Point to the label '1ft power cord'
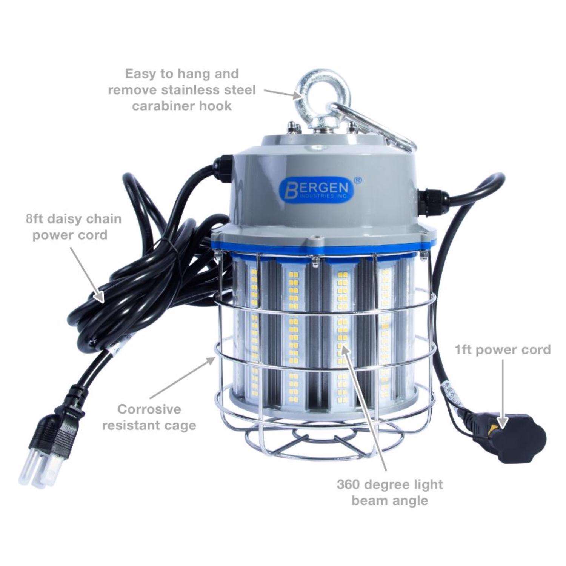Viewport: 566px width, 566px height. (503, 350)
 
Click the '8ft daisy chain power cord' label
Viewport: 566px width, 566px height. (74, 227)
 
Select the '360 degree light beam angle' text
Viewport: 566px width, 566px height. (390, 492)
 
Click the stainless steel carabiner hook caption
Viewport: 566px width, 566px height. (181, 89)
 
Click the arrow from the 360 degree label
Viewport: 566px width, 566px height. (364, 408)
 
